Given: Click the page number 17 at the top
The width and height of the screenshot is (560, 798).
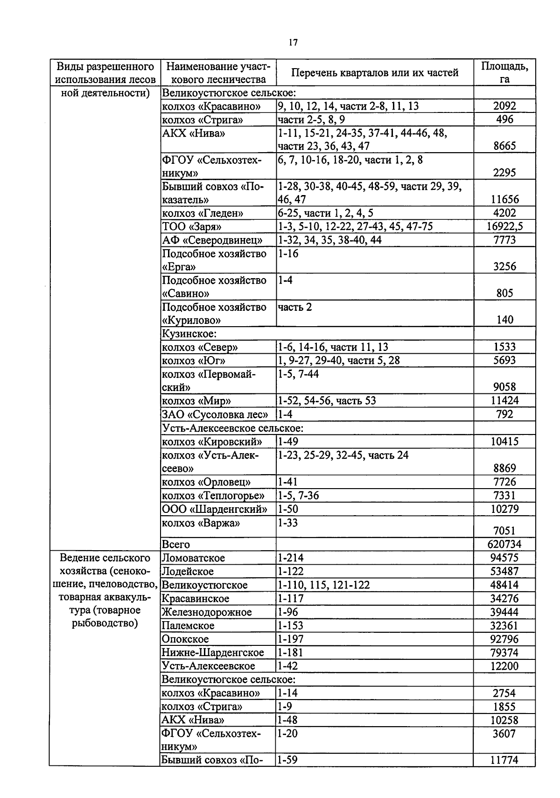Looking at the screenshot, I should point(293,42).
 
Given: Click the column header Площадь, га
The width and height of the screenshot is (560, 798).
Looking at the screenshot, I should point(504,72).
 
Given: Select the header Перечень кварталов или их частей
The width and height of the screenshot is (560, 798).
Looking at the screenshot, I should point(375,72).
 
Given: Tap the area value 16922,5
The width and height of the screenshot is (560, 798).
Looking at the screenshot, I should point(504,227).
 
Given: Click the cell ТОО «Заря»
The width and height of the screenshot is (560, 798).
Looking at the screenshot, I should point(192,227).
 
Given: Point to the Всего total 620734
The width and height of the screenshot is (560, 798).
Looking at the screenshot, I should point(504,544).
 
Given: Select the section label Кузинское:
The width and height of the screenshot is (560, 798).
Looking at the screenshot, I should point(189,334).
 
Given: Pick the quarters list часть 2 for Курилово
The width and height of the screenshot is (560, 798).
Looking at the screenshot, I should point(295,307).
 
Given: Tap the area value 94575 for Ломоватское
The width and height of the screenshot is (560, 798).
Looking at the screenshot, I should point(504,558).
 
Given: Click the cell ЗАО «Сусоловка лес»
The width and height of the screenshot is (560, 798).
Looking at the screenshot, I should point(215,414).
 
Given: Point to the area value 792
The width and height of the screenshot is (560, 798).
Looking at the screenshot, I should point(504,414).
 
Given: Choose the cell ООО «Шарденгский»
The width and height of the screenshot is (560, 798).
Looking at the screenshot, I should point(214,509).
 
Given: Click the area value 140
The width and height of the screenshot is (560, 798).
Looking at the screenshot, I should point(504,320).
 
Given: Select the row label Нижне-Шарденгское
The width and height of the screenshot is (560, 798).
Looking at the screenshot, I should point(212,652).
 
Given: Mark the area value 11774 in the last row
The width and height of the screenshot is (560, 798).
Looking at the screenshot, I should point(504,760).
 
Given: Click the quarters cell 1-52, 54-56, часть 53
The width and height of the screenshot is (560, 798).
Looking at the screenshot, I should point(327,401).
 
